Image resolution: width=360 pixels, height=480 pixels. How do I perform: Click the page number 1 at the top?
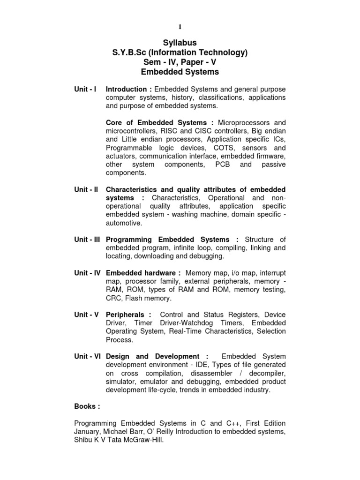[x=180, y=27]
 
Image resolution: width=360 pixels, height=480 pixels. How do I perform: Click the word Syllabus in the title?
[x=180, y=43]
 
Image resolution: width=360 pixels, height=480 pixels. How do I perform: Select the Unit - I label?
[x=85, y=89]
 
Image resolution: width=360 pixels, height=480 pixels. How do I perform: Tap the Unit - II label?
[x=86, y=189]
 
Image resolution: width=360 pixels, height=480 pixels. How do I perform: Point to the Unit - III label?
[x=87, y=240]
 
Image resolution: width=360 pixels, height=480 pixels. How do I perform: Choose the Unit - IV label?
[x=87, y=273]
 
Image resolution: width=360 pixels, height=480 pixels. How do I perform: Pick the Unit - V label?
[x=86, y=315]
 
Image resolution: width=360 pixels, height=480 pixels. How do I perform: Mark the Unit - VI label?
[x=87, y=356]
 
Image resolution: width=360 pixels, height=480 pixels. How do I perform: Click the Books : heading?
[x=87, y=406]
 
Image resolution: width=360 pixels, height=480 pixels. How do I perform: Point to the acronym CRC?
[x=114, y=298]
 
